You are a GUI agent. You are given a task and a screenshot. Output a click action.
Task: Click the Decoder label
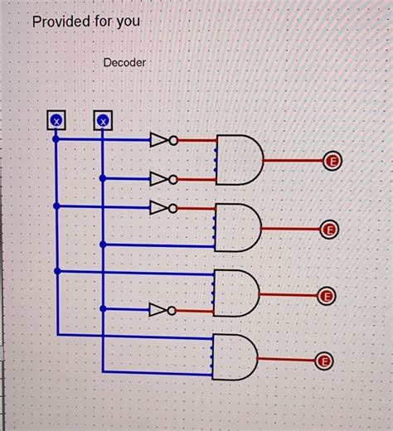pyautogui.click(x=125, y=63)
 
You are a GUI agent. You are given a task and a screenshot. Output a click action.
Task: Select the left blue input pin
pyautogui.click(x=56, y=122)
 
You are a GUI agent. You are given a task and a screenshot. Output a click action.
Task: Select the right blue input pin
pyautogui.click(x=103, y=122)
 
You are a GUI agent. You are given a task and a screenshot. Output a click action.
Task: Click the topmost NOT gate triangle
pyautogui.click(x=158, y=140)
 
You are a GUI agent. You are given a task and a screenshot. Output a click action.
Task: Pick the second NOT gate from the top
pyautogui.click(x=158, y=178)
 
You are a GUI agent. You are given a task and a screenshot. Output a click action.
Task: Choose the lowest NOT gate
pyautogui.click(x=158, y=311)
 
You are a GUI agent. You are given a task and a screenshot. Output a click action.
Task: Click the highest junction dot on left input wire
pyautogui.click(x=56, y=139)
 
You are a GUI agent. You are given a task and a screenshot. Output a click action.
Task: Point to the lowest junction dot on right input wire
pyautogui.click(x=103, y=311)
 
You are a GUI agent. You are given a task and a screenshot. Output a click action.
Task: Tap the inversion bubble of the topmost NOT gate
pyautogui.click(x=173, y=140)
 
